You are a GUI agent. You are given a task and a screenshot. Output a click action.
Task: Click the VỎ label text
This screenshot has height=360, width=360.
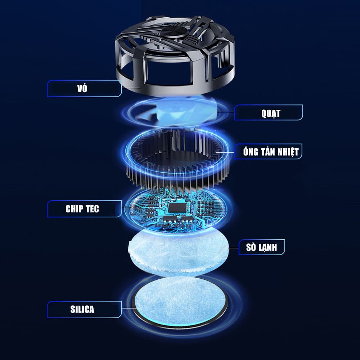click(82, 88)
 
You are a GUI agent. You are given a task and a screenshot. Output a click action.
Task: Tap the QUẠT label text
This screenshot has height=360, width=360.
click(271, 113)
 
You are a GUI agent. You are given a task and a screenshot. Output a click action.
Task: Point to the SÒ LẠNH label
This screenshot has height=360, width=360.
click(261, 247)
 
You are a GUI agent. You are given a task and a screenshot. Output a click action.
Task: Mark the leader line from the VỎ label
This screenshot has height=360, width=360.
click(131, 88)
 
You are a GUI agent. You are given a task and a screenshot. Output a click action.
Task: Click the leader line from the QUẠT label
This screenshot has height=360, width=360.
click(225, 112)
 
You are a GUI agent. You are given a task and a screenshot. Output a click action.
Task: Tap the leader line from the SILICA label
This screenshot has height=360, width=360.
click(131, 309)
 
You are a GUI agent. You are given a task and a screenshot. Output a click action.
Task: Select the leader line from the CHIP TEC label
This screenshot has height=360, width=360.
click(130, 208)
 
